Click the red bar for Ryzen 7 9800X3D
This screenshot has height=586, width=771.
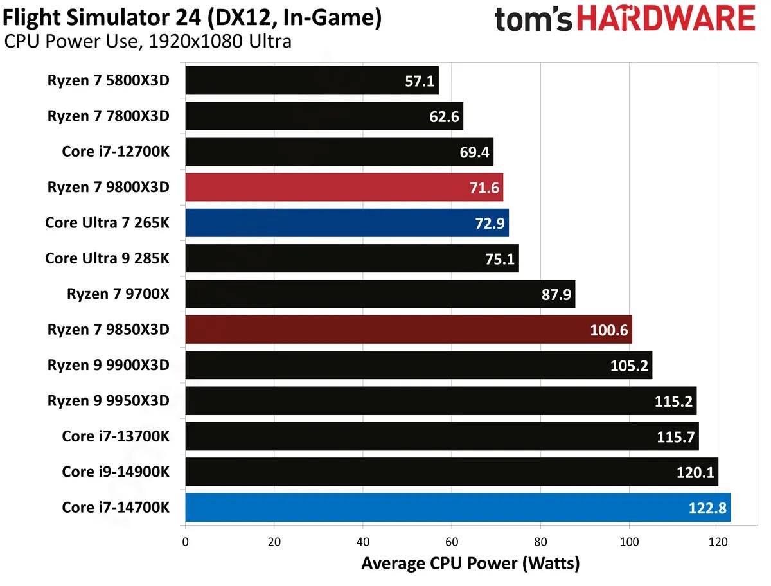point(344,187)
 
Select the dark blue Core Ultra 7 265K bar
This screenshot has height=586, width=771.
point(347,223)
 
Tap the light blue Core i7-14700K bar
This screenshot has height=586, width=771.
point(457,508)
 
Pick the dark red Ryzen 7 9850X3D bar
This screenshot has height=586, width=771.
point(409,330)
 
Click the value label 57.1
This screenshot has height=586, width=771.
point(419,81)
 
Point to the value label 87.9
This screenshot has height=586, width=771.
point(556,294)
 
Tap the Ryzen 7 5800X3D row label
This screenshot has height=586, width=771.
point(108,80)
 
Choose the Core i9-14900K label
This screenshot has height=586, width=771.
point(116,472)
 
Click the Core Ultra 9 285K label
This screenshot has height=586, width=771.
point(107,258)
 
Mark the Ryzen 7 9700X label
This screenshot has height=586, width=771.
point(118,294)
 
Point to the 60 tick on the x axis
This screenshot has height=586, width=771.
point(452,541)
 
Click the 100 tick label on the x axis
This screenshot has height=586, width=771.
point(629,541)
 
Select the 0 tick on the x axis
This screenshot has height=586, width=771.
point(185,541)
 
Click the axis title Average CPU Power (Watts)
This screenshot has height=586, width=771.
point(470,564)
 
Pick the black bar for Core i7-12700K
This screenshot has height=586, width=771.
point(339,152)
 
